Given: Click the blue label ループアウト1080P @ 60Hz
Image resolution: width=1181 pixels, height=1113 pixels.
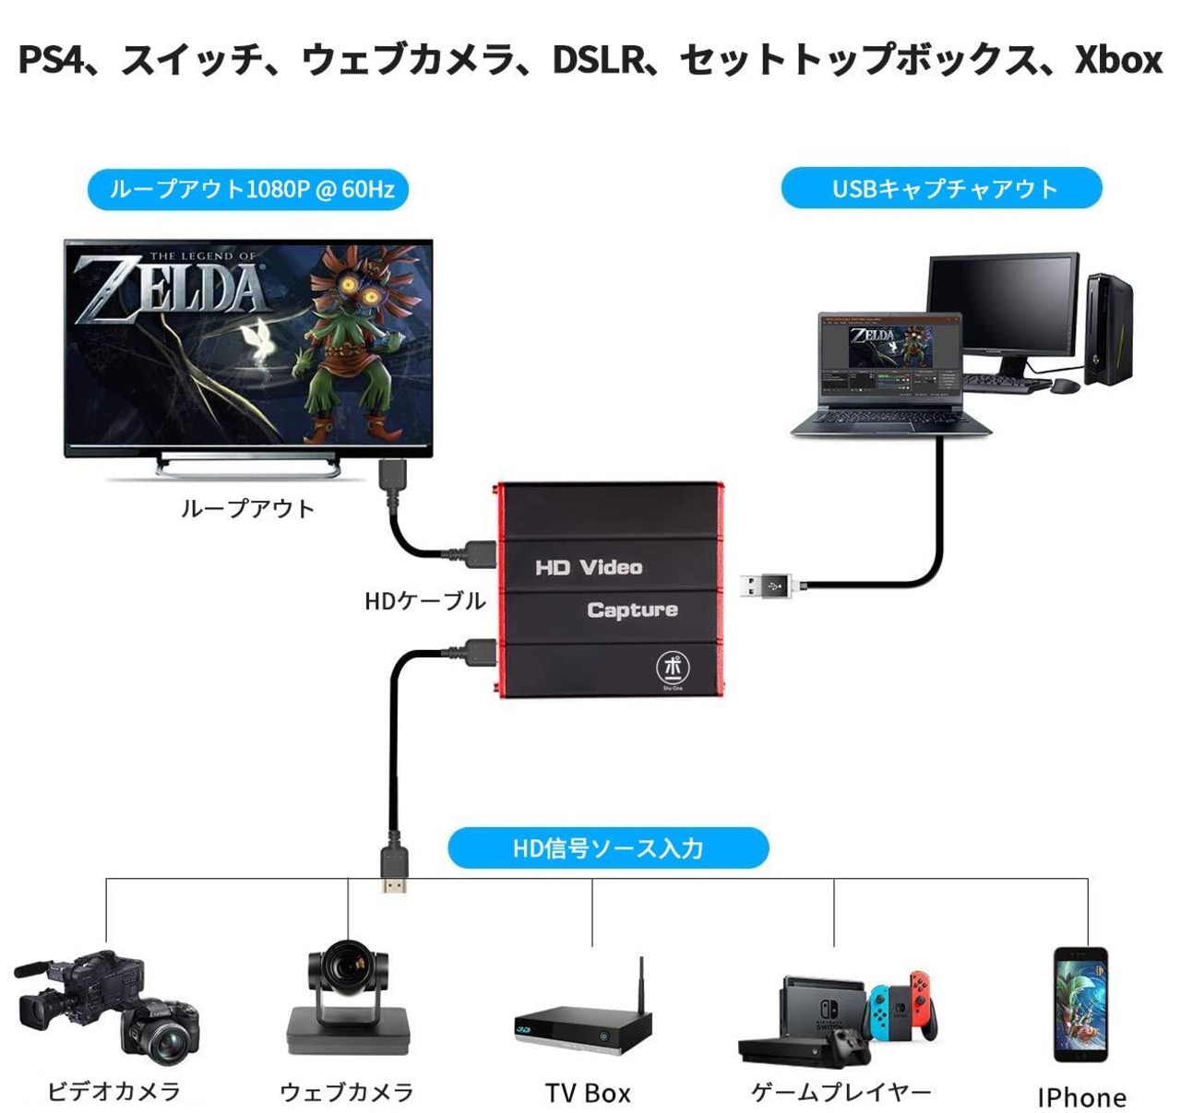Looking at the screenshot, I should coord(248,189).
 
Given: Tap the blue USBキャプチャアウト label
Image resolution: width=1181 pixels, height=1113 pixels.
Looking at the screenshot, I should coord(942,189).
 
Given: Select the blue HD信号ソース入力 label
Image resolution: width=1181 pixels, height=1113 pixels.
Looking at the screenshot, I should coord(608,848).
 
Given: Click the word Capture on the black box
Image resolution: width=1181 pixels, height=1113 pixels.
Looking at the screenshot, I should coord(632,610).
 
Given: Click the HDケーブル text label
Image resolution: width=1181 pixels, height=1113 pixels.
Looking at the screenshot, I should coord(424,601).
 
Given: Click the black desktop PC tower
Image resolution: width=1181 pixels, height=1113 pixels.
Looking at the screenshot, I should coord(1107,328).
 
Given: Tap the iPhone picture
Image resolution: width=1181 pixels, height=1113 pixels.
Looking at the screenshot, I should coord(1081,1004).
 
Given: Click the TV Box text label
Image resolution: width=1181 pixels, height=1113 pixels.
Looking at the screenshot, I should coord(588,1094).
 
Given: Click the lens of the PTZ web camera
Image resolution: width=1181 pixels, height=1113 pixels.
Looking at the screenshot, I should coord(349,965).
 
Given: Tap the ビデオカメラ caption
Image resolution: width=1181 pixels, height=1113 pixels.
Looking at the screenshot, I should coord(113,1092).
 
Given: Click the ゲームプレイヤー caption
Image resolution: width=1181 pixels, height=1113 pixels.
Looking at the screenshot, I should coord(841,1093).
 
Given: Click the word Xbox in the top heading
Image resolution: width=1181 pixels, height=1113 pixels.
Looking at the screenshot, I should coord(1117,60).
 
